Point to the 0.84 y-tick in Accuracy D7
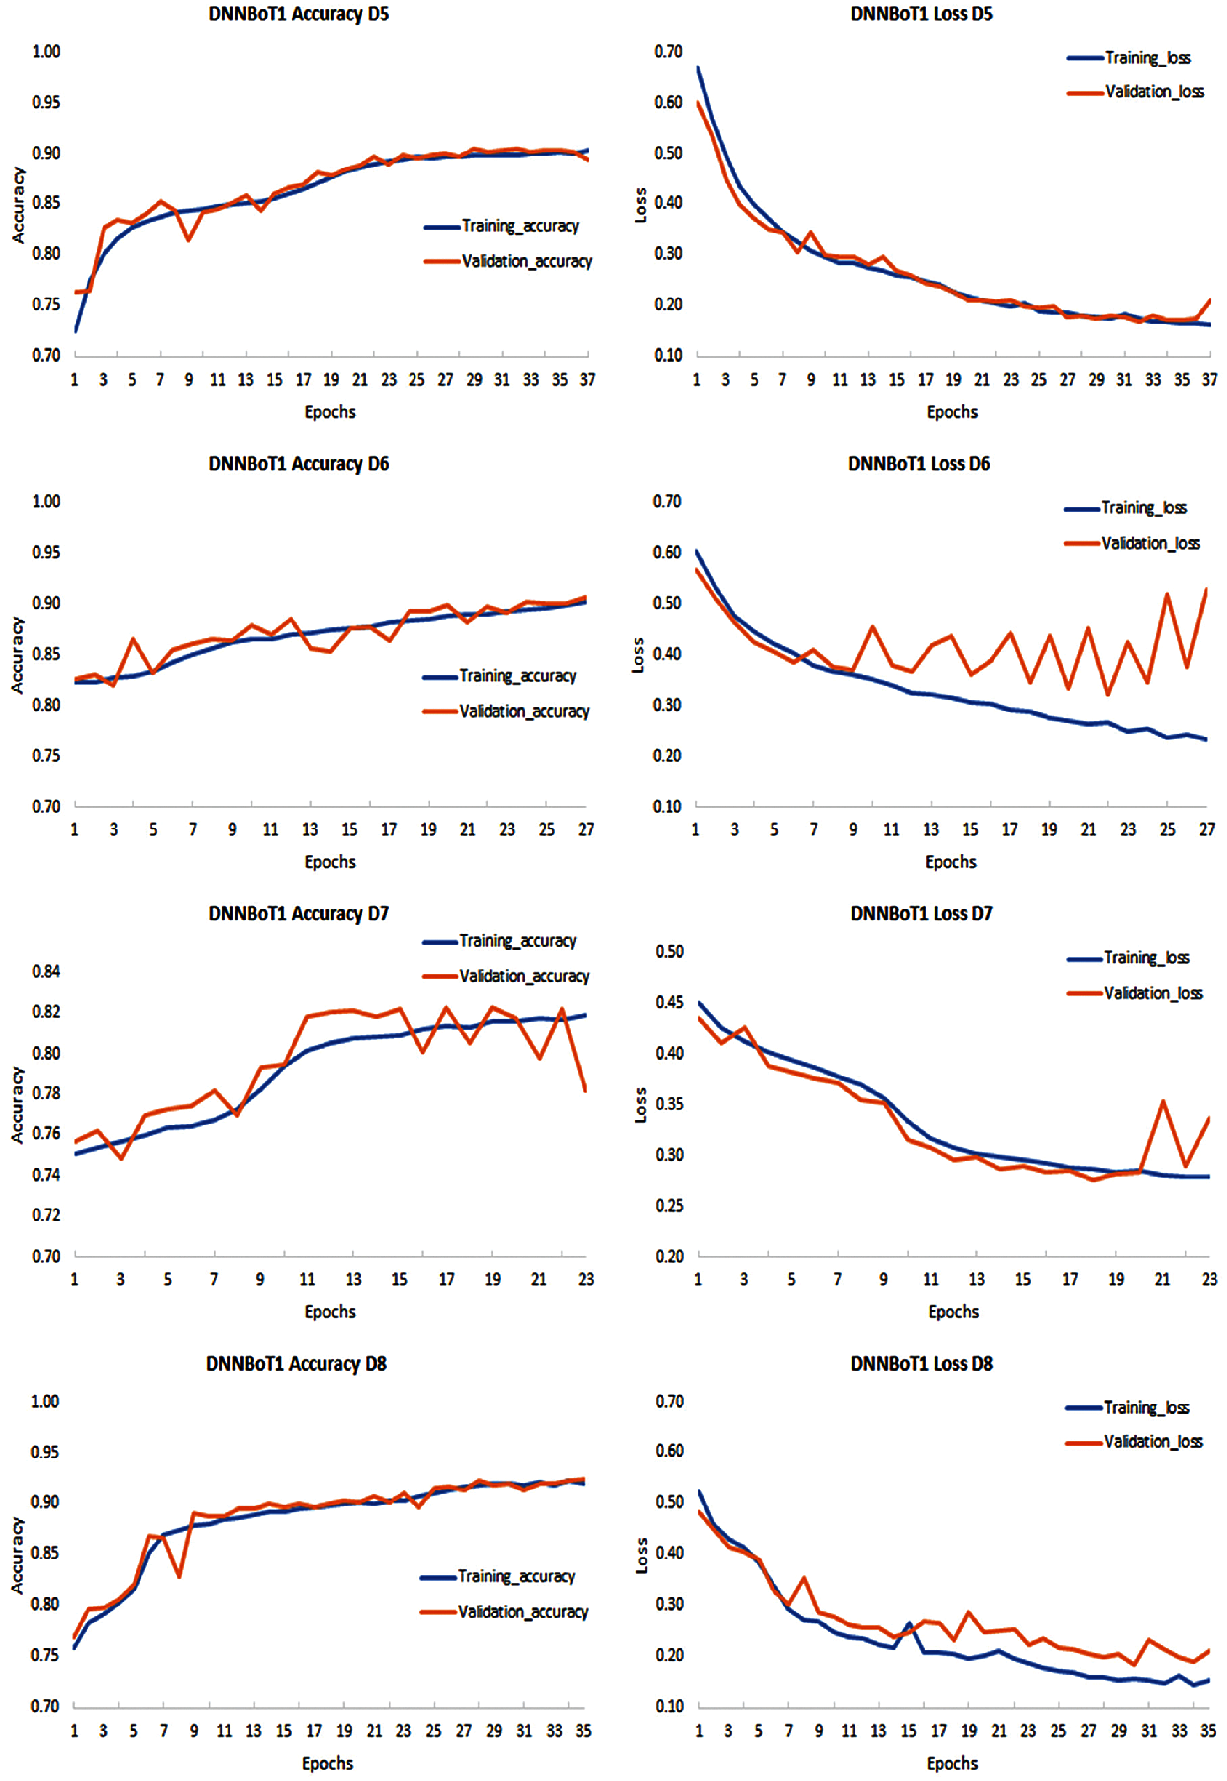(x=46, y=971)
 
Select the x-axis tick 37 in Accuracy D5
(x=587, y=380)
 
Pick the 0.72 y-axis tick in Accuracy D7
(x=46, y=1215)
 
